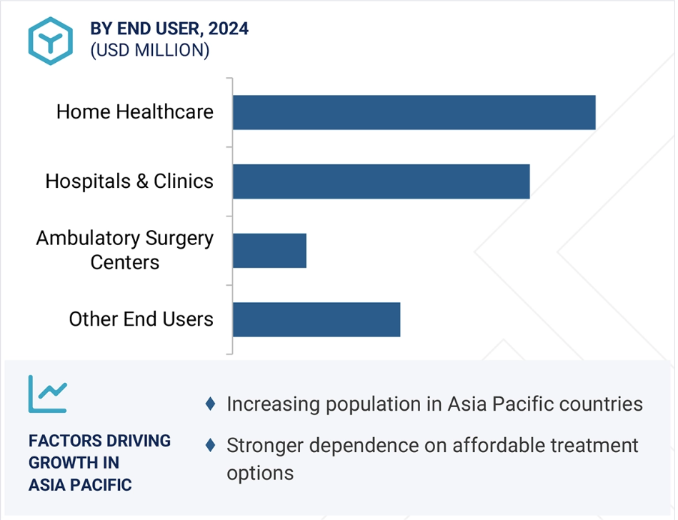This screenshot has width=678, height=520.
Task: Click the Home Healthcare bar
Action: click(x=414, y=112)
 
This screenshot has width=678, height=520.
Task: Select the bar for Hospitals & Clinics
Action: click(x=382, y=181)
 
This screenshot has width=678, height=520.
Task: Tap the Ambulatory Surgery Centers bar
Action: click(x=270, y=251)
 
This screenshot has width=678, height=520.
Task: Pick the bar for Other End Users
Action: click(x=316, y=320)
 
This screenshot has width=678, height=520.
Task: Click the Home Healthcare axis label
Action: click(x=135, y=112)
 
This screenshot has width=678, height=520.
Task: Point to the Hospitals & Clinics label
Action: click(x=129, y=181)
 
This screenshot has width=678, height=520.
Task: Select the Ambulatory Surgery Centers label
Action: click(x=125, y=250)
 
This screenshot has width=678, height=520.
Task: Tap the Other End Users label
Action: click(x=141, y=319)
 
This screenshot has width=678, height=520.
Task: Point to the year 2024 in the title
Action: click(x=229, y=29)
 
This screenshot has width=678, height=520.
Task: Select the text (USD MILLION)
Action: click(x=149, y=50)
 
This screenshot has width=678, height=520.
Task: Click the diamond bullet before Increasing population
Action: click(x=211, y=404)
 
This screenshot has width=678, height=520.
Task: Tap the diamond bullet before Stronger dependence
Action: click(x=211, y=445)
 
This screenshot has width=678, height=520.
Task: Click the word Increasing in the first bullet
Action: click(x=274, y=404)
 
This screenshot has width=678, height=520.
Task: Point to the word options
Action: click(x=260, y=474)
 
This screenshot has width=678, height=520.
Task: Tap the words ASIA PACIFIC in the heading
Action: click(x=80, y=485)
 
